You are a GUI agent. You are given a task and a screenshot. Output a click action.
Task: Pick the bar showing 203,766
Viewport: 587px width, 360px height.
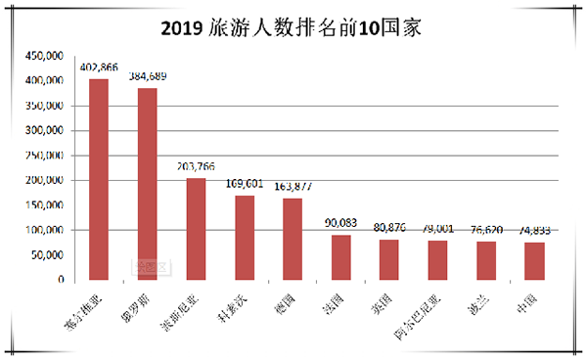pyautogui.click(x=196, y=229)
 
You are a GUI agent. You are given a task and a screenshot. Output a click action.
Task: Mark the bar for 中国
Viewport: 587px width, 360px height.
pyautogui.click(x=534, y=261)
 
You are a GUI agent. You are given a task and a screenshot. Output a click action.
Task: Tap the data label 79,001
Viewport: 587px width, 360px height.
pyautogui.click(x=437, y=230)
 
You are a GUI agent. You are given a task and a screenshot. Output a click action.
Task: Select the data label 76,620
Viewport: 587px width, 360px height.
pyautogui.click(x=486, y=231)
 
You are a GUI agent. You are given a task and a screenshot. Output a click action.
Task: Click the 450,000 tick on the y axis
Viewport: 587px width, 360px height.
pyautogui.click(x=45, y=56)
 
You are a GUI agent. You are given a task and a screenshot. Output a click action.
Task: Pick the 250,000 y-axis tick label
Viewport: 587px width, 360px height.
pyautogui.click(x=45, y=156)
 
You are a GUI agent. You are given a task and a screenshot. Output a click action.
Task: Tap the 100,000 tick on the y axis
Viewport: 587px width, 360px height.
pyautogui.click(x=45, y=230)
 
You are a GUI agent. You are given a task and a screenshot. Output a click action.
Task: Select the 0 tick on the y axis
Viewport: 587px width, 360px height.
pyautogui.click(x=61, y=280)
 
